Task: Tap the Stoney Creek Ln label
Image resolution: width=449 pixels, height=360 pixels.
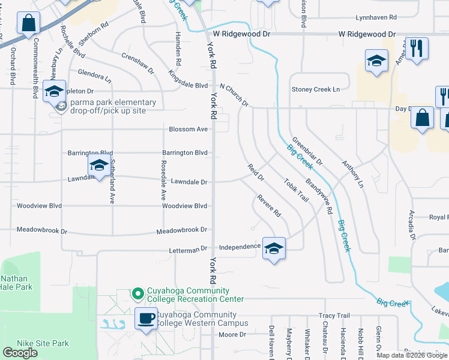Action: click(315, 89)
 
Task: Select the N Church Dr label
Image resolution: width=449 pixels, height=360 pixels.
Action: click(234, 95)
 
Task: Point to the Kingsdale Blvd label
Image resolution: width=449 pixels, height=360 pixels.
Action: click(188, 79)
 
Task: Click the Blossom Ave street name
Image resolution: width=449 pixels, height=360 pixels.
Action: click(188, 129)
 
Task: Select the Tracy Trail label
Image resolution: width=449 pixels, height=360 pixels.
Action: click(334, 316)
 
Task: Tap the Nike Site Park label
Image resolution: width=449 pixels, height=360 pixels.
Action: click(44, 344)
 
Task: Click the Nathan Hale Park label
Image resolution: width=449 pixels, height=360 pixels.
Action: click(16, 283)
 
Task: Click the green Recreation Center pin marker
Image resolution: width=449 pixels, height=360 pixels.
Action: click(137, 293)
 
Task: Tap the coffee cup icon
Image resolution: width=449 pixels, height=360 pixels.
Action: click(146, 318)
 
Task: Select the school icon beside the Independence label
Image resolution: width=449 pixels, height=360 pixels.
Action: click(274, 248)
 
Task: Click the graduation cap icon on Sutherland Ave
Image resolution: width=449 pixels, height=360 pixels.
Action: click(98, 165)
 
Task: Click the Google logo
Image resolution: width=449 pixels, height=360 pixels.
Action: click(20, 353)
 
